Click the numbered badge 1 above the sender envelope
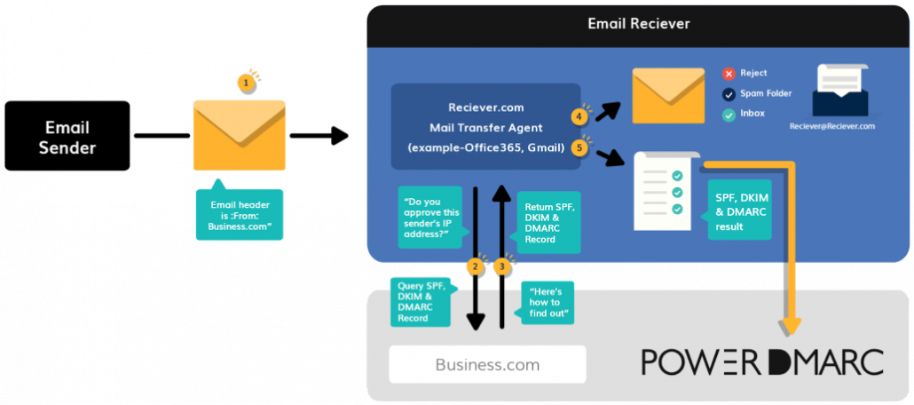(x=245, y=83)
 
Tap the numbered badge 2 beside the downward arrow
(x=475, y=266)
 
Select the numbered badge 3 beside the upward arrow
(x=502, y=266)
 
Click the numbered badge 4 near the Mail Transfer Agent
(x=580, y=116)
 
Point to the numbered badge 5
(x=580, y=147)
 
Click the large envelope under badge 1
(x=240, y=135)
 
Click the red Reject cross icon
(x=729, y=73)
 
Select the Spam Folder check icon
(x=729, y=93)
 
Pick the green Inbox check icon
(x=729, y=114)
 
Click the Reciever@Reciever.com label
(x=832, y=126)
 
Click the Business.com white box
(x=487, y=364)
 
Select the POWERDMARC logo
(x=762, y=361)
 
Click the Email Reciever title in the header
(x=638, y=23)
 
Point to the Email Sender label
(x=67, y=138)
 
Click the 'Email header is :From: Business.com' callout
(x=240, y=214)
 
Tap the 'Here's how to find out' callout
(x=548, y=303)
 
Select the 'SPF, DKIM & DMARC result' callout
(x=738, y=210)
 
